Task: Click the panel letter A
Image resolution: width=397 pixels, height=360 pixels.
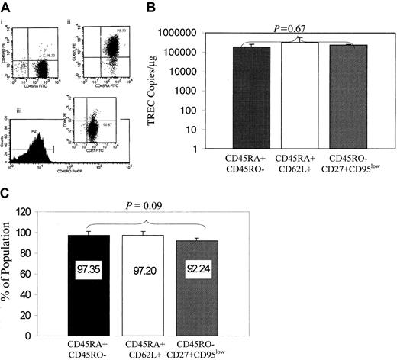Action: [6, 7]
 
